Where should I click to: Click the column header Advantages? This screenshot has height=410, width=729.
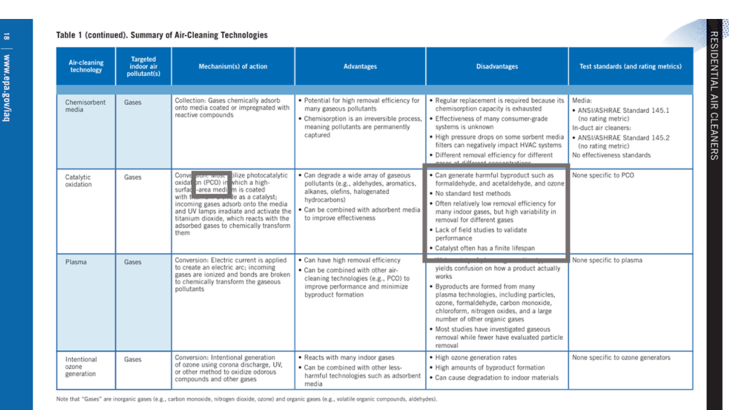[x=360, y=67]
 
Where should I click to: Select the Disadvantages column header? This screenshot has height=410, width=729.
[x=497, y=67]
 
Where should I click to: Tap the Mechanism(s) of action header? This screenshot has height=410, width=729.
[x=233, y=67]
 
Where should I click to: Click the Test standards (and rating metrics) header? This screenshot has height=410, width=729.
[x=630, y=67]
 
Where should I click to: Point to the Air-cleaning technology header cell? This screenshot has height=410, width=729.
[x=86, y=66]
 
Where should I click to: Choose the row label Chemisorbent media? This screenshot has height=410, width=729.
[x=85, y=106]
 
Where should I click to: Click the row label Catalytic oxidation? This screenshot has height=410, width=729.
[x=78, y=181]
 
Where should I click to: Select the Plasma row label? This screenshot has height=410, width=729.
[x=76, y=262]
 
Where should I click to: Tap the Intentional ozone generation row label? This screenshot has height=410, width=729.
[x=81, y=366]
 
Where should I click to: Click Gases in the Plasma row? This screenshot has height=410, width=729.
[x=133, y=262]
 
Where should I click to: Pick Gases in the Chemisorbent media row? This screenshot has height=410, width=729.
[x=133, y=103]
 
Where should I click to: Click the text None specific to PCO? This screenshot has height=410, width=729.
[x=603, y=176]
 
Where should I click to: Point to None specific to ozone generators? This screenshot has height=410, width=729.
[x=621, y=358]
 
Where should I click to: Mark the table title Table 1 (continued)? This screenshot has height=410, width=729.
[x=162, y=35]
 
